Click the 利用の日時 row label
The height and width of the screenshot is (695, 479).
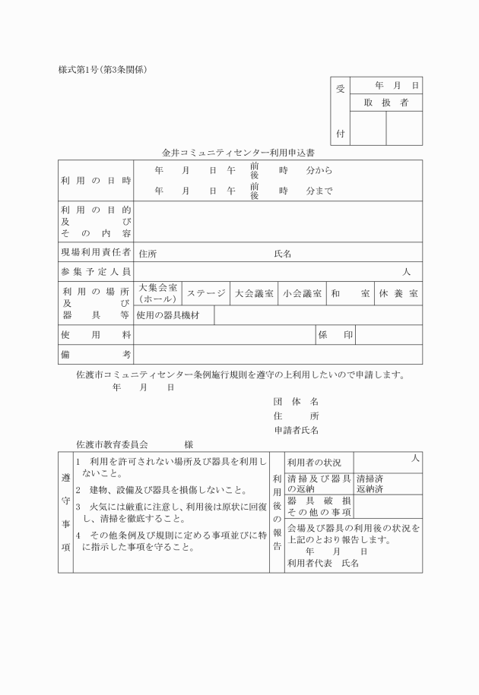point(96,181)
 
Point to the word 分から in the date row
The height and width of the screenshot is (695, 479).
point(319,170)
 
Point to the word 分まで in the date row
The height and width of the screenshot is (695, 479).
point(319,191)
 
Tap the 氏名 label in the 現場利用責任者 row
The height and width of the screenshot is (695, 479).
point(283,254)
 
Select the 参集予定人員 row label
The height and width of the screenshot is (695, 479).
point(96,272)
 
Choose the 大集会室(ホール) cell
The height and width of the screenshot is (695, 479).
point(158,293)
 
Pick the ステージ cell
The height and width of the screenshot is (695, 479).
point(206,293)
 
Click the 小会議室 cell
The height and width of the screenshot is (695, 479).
point(302,293)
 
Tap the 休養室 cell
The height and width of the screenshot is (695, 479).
point(398,293)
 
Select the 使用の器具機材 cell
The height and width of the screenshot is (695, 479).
point(168,315)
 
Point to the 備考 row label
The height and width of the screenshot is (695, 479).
point(96,355)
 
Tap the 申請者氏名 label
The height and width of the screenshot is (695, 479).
point(296,430)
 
